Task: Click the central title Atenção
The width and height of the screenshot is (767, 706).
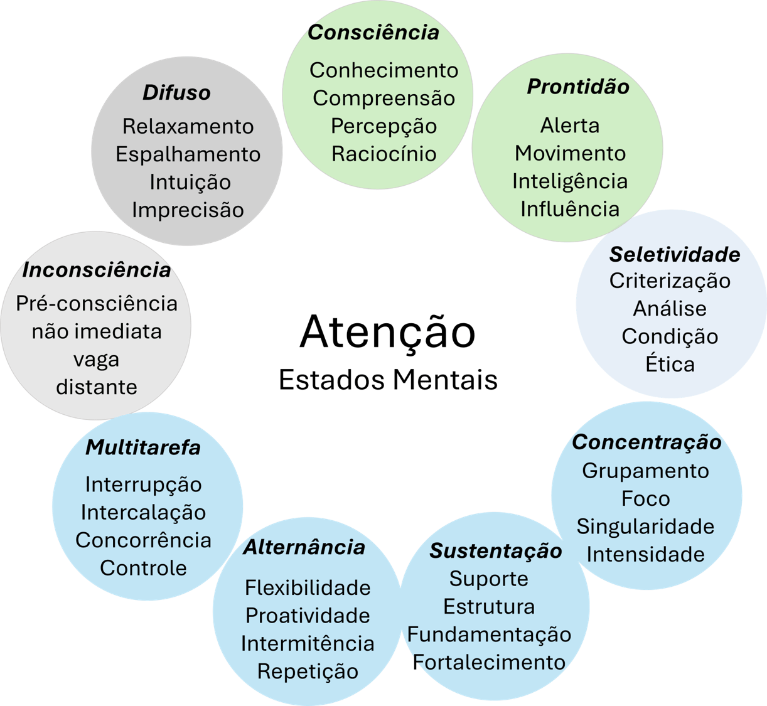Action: pyautogui.click(x=388, y=332)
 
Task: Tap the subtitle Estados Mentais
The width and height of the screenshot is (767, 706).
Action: pyautogui.click(x=388, y=380)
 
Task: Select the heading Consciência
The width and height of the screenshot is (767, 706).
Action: pyautogui.click(x=373, y=33)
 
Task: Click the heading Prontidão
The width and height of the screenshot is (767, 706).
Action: pyautogui.click(x=577, y=87)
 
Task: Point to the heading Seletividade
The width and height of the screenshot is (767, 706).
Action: pyautogui.click(x=674, y=254)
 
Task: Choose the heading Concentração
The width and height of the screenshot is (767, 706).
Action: pyautogui.click(x=646, y=442)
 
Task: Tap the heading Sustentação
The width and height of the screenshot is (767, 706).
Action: pyautogui.click(x=496, y=551)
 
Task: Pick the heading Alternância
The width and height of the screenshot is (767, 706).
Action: pyautogui.click(x=304, y=547)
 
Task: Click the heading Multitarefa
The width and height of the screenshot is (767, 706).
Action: pyautogui.click(x=143, y=447)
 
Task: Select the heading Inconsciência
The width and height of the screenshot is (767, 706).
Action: pyautogui.click(x=97, y=270)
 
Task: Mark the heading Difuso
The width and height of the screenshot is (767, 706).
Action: pyautogui.click(x=176, y=93)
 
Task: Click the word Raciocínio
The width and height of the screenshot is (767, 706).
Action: pyautogui.click(x=383, y=154)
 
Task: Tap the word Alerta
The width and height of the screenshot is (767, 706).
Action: pyautogui.click(x=570, y=126)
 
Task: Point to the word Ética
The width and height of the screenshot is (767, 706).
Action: pyautogui.click(x=670, y=364)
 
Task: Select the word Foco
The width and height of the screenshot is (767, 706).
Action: pyautogui.click(x=645, y=499)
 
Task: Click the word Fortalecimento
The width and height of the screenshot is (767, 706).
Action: pyautogui.click(x=490, y=662)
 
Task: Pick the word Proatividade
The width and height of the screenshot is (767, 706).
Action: pyautogui.click(x=308, y=616)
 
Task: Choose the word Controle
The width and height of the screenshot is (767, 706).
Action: pyautogui.click(x=143, y=568)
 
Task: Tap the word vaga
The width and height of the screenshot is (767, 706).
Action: pyautogui.click(x=96, y=360)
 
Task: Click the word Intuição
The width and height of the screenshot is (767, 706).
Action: pyautogui.click(x=190, y=182)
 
